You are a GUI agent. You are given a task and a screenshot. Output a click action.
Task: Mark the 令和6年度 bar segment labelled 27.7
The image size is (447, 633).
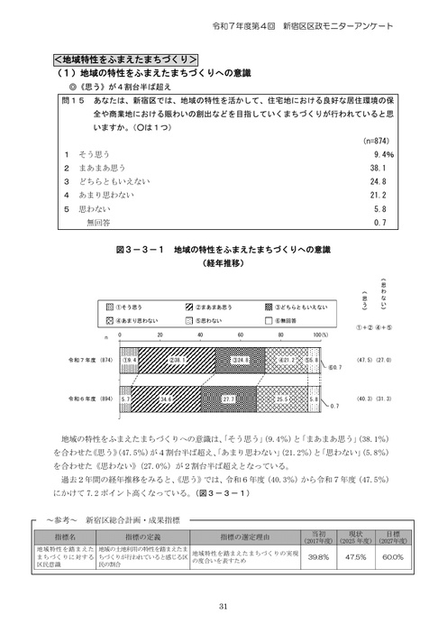[x=229, y=398]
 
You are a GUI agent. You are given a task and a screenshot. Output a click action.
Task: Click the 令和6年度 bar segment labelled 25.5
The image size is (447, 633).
[x=280, y=398]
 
